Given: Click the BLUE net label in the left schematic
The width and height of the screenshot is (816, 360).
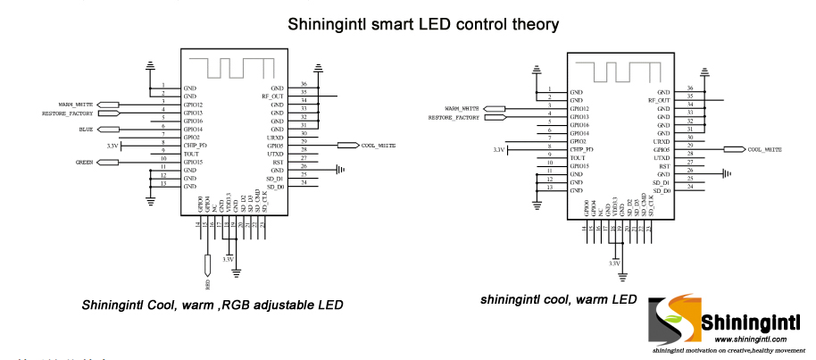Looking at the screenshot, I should click(x=86, y=130).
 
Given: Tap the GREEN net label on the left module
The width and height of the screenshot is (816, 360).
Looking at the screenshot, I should click(x=85, y=163).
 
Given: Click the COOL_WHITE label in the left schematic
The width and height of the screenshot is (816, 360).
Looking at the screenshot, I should click(x=378, y=145).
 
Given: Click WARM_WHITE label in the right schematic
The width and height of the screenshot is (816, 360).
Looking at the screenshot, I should click(x=462, y=108).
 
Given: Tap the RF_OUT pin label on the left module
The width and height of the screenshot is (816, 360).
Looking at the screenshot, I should click(x=272, y=96).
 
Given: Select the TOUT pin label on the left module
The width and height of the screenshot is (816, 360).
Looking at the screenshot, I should click(x=191, y=154).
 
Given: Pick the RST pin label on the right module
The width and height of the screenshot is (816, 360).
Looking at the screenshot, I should click(x=664, y=166).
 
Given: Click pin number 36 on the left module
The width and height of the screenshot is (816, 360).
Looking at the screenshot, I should click(x=304, y=84).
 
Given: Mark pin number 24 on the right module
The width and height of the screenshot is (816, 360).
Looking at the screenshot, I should click(x=690, y=190).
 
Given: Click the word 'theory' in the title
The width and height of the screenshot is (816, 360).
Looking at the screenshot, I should click(x=529, y=24).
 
